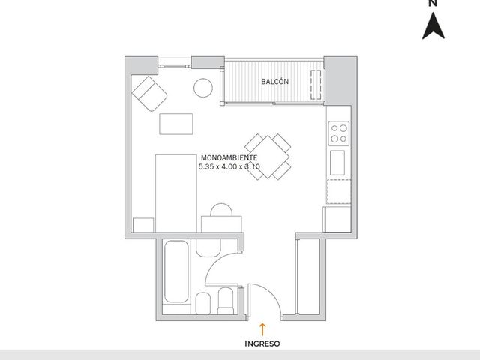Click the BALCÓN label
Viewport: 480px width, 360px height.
(x=274, y=82)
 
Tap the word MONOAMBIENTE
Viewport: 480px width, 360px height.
(x=229, y=158)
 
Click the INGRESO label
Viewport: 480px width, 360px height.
(x=262, y=343)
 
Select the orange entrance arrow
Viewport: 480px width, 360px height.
(x=262, y=329)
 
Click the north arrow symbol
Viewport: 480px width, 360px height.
(x=433, y=25)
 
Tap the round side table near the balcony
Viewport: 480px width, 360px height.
(x=203, y=88)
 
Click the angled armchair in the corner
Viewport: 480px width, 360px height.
(x=149, y=93)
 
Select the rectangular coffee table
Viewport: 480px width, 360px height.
(x=176, y=124)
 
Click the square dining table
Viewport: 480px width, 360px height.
(x=268, y=157)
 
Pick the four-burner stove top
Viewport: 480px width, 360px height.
(x=339, y=133)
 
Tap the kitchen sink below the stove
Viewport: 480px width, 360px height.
(x=337, y=163)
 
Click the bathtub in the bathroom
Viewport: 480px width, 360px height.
(x=176, y=271)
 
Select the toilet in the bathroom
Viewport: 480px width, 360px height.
(x=226, y=301)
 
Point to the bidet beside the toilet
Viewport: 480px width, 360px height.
(x=203, y=303)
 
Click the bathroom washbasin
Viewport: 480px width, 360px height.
(x=208, y=247)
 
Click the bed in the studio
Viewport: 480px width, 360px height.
(x=176, y=193)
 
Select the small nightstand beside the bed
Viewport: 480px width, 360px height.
(x=143, y=225)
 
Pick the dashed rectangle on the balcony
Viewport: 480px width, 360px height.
(x=316, y=85)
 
